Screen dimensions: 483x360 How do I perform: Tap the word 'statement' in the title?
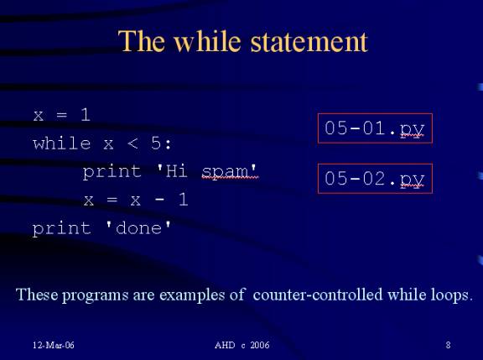[x=309, y=42]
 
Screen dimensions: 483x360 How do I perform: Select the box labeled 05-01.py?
[x=375, y=128]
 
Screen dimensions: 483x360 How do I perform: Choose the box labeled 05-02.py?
[x=375, y=179]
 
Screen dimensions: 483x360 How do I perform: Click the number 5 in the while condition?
[x=156, y=143]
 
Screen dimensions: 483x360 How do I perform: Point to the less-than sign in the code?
[x=132, y=143]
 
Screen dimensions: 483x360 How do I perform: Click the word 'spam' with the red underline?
[x=225, y=172]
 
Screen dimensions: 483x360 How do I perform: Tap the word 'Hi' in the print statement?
[x=176, y=170]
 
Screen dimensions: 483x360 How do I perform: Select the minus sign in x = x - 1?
[x=159, y=200]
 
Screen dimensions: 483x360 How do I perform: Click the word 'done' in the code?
[x=138, y=228]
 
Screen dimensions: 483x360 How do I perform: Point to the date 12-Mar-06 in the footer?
[x=54, y=345]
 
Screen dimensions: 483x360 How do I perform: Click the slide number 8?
[x=448, y=345]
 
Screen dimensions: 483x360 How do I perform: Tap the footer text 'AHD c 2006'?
[x=241, y=345]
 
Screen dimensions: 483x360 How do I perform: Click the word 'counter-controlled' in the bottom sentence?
[x=318, y=295]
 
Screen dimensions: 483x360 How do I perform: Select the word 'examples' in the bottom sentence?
[x=192, y=295]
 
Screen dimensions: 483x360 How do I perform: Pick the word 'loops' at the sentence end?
[x=449, y=295]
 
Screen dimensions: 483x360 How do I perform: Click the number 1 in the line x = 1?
[x=86, y=115]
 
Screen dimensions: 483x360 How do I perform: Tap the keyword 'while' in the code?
[x=61, y=143]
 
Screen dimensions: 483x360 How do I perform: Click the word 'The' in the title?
[x=141, y=41]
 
